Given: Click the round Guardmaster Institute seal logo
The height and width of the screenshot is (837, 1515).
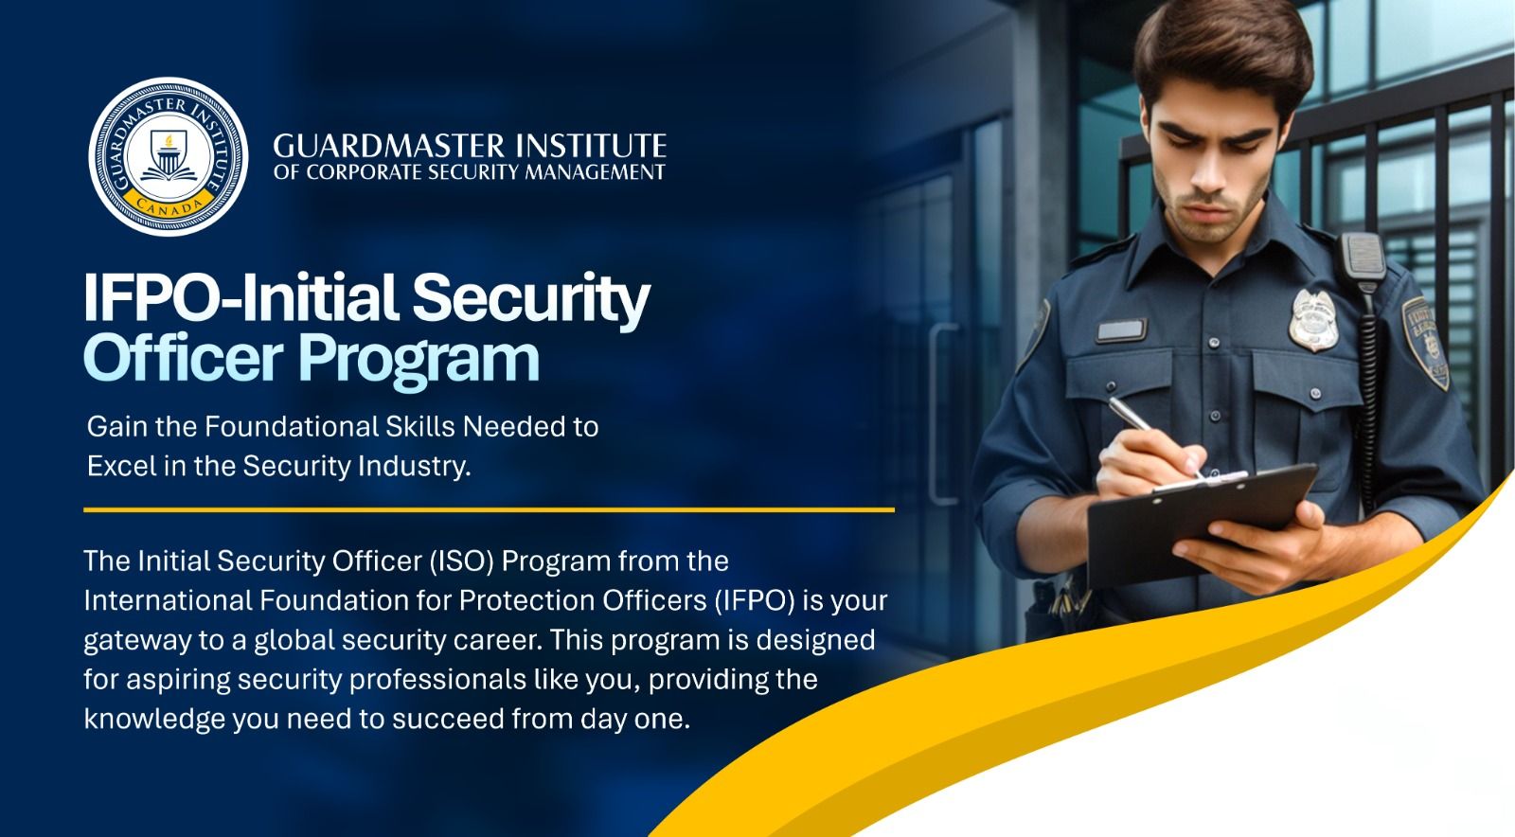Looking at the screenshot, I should pyautogui.click(x=169, y=157).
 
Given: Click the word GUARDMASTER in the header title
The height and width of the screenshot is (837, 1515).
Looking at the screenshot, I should pyautogui.click(x=377, y=146).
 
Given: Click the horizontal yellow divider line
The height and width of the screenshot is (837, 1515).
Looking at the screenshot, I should pyautogui.click(x=488, y=509).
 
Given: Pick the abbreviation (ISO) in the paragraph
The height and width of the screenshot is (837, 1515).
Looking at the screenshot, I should pyautogui.click(x=462, y=561).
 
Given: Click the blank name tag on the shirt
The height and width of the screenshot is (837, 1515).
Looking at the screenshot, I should pyautogui.click(x=1121, y=331).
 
